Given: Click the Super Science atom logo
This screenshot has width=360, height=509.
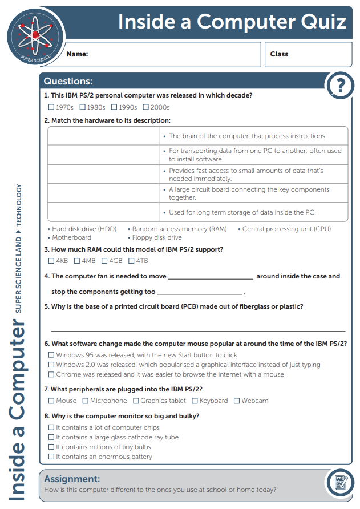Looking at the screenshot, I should point(33,35).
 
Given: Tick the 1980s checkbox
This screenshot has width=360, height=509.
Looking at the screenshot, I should point(83,107).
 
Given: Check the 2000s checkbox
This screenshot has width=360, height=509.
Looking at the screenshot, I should point(146,107).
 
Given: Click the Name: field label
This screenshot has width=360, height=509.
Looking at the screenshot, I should point(77,54).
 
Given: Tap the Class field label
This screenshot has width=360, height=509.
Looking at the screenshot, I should point(279,54).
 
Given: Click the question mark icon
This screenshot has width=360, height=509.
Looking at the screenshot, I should point(341,86).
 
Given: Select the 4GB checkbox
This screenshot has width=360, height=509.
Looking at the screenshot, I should point(104,261).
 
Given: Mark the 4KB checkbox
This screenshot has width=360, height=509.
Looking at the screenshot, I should point(51,261).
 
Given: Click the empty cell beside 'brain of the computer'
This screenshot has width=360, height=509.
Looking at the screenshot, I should point(103,136).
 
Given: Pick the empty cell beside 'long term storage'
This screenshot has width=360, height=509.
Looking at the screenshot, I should point(103,212).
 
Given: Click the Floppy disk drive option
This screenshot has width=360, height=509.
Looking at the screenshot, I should point(156,237).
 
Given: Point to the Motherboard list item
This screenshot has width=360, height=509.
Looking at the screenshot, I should point(71,237).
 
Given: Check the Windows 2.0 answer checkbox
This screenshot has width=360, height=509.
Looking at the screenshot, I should point(51,365).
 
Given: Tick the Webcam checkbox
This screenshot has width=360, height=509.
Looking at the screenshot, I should point(237,401).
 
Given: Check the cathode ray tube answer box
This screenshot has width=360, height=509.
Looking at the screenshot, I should point(51,437).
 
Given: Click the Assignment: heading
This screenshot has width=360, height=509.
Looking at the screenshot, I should point(72,479).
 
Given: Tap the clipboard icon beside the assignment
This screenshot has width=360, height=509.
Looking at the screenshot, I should point(341,483).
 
